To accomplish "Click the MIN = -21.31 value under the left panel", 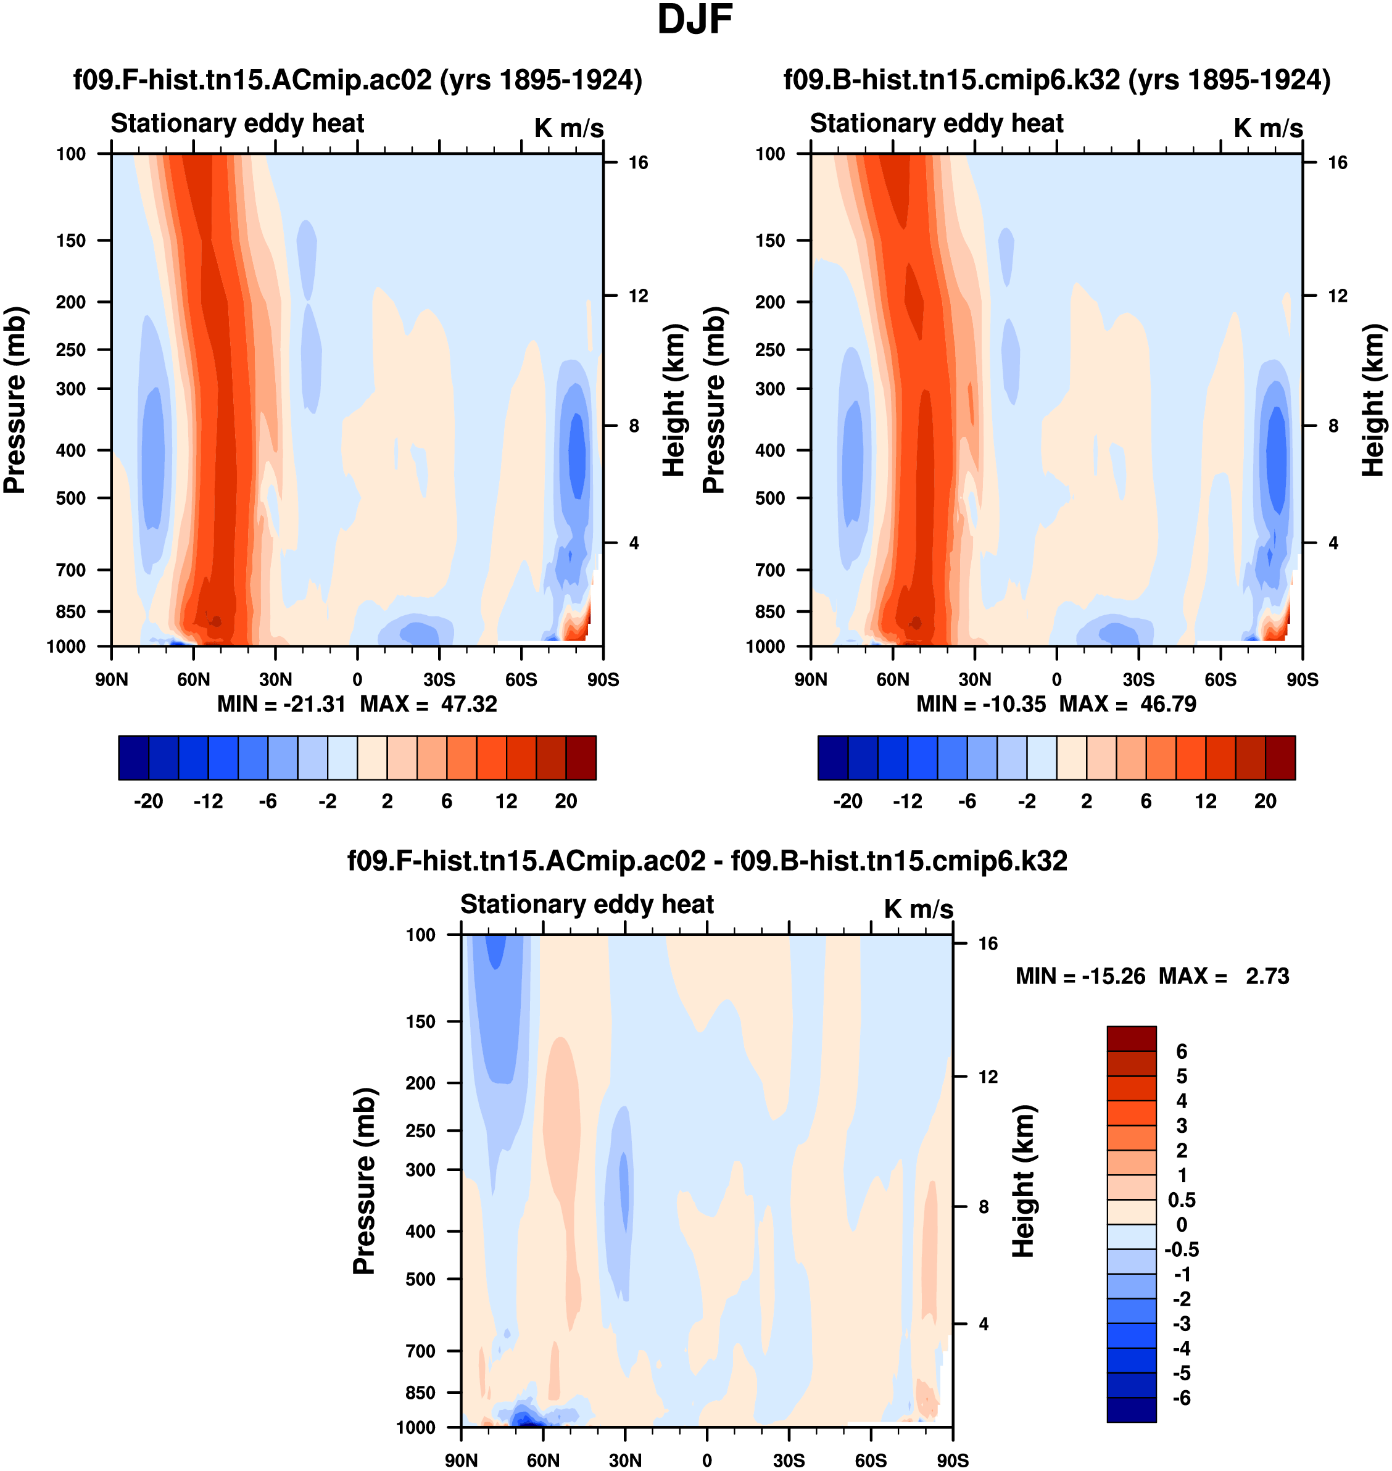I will (281, 703).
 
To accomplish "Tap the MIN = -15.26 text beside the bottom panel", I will (1080, 976).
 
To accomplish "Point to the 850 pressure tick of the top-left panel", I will (71, 611).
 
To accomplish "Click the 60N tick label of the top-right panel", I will (893, 679).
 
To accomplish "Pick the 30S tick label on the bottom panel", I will (789, 1460).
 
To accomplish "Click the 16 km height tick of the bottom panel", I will (988, 943).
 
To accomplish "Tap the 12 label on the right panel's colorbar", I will (1206, 802).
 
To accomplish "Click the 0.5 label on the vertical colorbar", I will (1181, 1201).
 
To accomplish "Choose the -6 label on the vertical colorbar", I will (1181, 1398).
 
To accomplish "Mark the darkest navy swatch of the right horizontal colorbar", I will (832, 757).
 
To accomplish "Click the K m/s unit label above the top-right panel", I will (1268, 128).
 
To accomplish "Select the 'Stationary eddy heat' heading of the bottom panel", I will (587, 904).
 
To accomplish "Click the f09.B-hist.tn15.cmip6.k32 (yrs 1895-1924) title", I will (1056, 80).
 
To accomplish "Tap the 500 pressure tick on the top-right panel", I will (770, 498).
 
